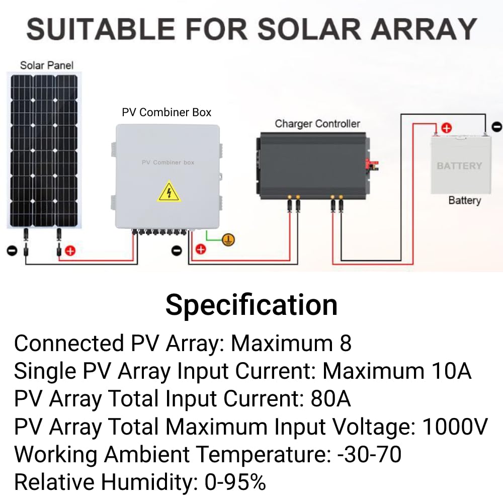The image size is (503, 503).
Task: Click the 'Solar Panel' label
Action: coord(46,65)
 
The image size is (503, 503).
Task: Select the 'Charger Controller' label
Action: coord(317,123)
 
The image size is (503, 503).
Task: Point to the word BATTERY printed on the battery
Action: coord(459,165)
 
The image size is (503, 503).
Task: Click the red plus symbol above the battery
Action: coord(446,128)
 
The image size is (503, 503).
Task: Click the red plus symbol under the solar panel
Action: coord(70,250)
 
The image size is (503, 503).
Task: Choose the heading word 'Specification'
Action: coord(251,305)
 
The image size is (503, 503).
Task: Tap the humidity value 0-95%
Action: coord(235,482)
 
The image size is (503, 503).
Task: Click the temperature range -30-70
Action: coord(369,454)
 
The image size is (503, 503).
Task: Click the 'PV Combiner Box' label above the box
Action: coord(166,112)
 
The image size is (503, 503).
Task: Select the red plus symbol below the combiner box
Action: coord(201,249)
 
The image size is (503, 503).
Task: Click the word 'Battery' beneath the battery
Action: coord(464,200)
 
